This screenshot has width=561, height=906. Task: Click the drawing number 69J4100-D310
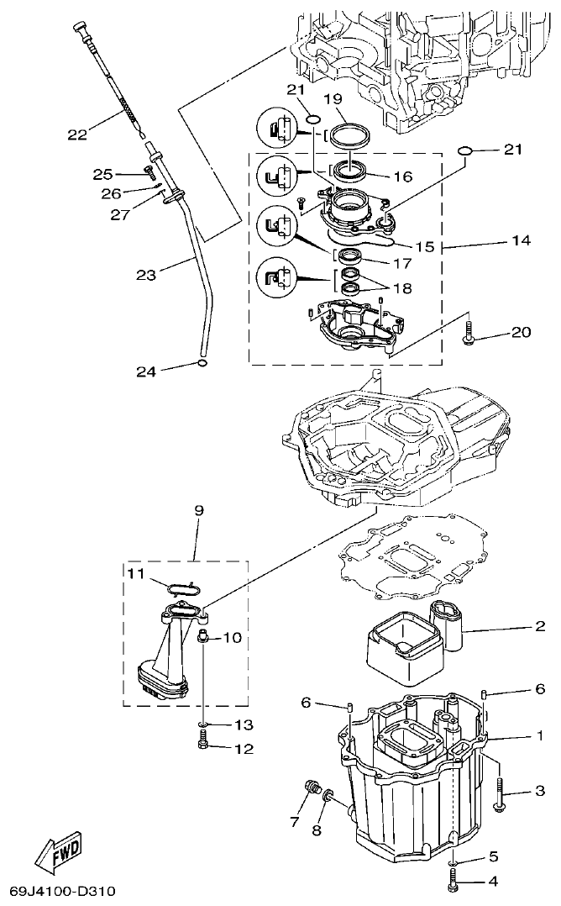coord(63,890)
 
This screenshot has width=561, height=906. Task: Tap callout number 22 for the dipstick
coord(77,134)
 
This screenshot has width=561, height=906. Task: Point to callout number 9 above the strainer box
coord(199,510)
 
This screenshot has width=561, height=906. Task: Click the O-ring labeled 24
coord(202,363)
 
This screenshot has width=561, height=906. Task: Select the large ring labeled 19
coord(348,134)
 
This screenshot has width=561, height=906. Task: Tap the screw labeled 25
coord(149,174)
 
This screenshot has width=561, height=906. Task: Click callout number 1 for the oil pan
coord(540,735)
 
